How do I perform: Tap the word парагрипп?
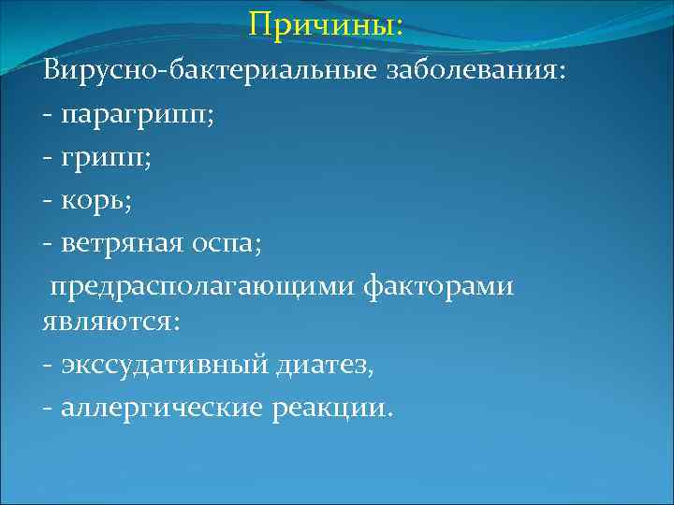[136, 117]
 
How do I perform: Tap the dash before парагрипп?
[47, 118]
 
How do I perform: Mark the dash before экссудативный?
[47, 366]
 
